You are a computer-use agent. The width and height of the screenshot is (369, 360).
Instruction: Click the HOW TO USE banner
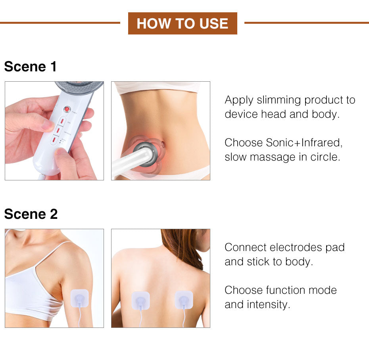click(183, 23)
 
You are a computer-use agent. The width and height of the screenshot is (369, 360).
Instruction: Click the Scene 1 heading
click(31, 67)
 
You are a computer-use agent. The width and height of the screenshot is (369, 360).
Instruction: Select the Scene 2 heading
click(31, 214)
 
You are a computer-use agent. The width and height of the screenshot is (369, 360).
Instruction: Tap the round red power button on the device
click(67, 109)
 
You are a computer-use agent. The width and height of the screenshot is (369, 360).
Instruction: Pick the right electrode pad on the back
click(184, 301)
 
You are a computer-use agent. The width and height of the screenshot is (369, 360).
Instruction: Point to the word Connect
click(245, 247)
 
